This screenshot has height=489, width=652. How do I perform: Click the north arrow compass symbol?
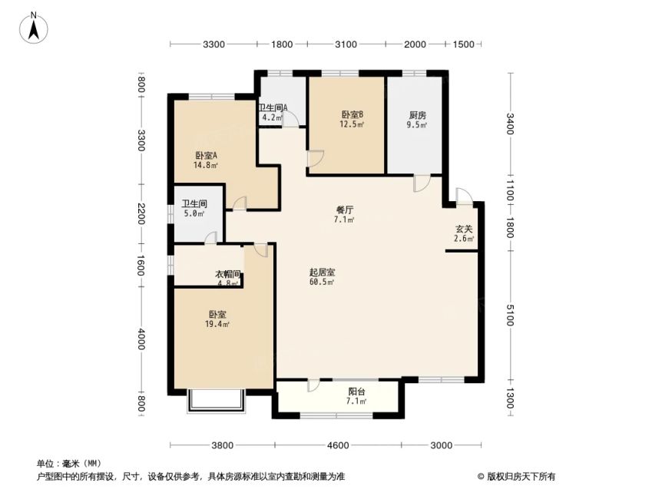pos(34,28)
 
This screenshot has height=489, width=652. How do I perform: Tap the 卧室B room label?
pos(352,114)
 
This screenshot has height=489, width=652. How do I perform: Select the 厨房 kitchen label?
pos(417,115)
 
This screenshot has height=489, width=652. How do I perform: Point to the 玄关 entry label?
pos(464,229)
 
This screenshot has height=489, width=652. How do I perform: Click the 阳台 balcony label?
pos(357,392)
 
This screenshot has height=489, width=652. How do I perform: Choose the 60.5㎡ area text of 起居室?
pos(322,282)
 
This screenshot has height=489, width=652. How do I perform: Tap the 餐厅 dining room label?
pos(345,210)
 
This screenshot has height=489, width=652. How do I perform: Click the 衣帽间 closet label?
pos(228,275)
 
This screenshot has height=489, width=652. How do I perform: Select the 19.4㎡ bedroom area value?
pos(217,324)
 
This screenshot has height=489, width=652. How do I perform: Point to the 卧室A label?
pos(207,156)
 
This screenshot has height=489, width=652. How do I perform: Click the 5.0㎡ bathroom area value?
pos(194,213)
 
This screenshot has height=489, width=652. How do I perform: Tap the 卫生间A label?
pos(273,107)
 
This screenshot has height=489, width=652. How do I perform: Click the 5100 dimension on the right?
pos(510,316)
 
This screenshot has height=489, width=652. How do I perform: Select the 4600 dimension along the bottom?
pos(338,446)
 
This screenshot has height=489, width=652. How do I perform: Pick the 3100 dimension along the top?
pos(346,44)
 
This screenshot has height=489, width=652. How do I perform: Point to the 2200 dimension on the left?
pos(141,213)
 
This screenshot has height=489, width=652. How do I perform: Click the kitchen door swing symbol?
pos(420,183)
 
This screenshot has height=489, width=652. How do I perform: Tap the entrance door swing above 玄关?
pos(464,196)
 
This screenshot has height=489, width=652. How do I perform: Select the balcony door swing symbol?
pos(313,385)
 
